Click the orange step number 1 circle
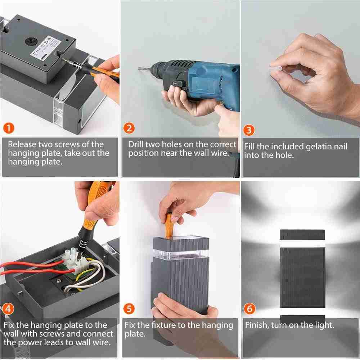(9, 128)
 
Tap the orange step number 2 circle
(129, 128)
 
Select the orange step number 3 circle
(249, 130)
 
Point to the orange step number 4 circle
(8, 309)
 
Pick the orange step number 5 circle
(129, 309)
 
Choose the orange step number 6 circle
(249, 309)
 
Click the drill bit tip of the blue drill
(139, 68)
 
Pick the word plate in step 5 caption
(135, 334)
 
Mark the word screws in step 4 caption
(66, 334)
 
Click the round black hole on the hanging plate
(31, 41)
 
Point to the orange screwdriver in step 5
(169, 225)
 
